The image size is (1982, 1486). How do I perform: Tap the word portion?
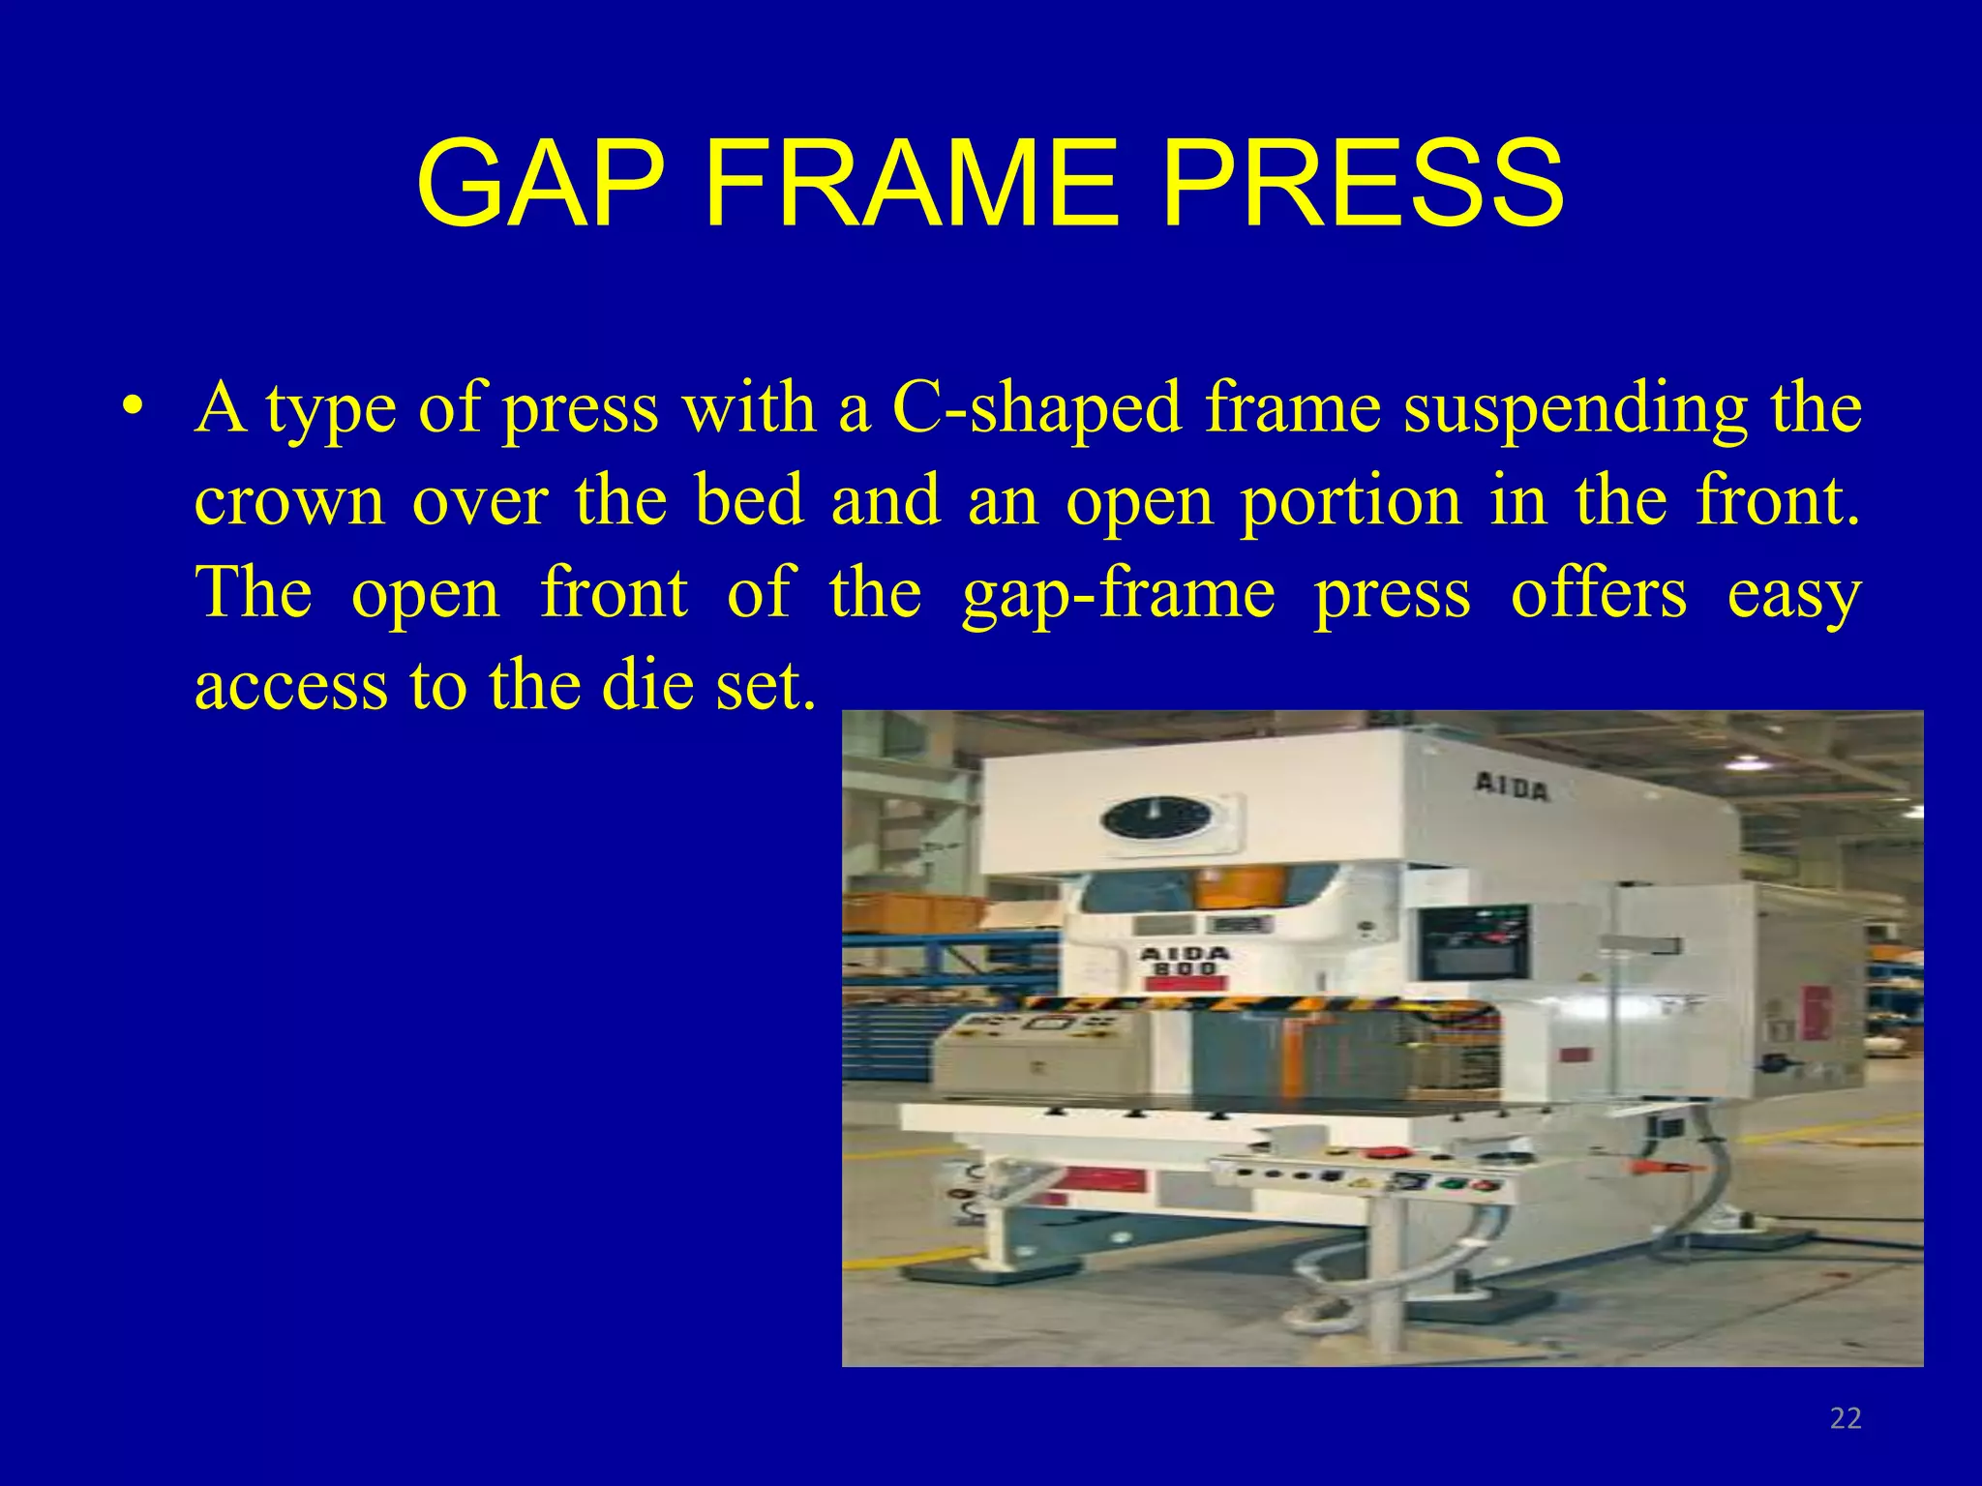click(x=1351, y=501)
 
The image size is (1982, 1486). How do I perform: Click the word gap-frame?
click(x=1119, y=594)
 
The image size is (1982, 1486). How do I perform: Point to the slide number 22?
click(x=1846, y=1418)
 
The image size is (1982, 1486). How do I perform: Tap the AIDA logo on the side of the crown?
click(x=1512, y=788)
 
